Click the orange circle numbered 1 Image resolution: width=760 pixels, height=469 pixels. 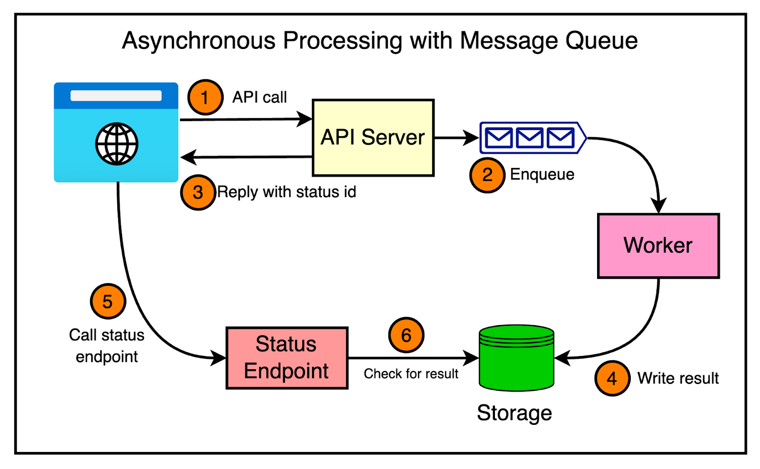205,97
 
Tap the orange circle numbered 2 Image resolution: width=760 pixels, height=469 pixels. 487,175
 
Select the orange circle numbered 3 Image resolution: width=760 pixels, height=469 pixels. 198,192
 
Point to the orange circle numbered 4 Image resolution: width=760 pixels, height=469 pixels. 612,378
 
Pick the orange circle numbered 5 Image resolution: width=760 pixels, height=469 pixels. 108,301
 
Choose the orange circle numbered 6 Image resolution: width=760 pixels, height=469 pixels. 406,335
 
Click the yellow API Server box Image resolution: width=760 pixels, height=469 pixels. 373,138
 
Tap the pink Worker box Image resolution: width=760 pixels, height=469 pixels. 658,245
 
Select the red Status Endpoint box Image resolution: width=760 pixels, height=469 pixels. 287,358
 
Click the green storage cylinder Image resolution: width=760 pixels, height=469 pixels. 516,358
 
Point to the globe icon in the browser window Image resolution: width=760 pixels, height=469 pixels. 116,144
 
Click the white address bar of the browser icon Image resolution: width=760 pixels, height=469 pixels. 116,95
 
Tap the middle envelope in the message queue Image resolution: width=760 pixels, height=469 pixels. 530,138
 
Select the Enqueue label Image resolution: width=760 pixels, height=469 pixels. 542,174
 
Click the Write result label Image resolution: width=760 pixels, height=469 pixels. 677,378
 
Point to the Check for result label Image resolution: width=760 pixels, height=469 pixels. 411,374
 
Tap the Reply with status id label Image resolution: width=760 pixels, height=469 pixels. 286,192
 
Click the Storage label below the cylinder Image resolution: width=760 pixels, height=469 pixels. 514,413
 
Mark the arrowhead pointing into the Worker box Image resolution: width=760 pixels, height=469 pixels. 658,206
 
